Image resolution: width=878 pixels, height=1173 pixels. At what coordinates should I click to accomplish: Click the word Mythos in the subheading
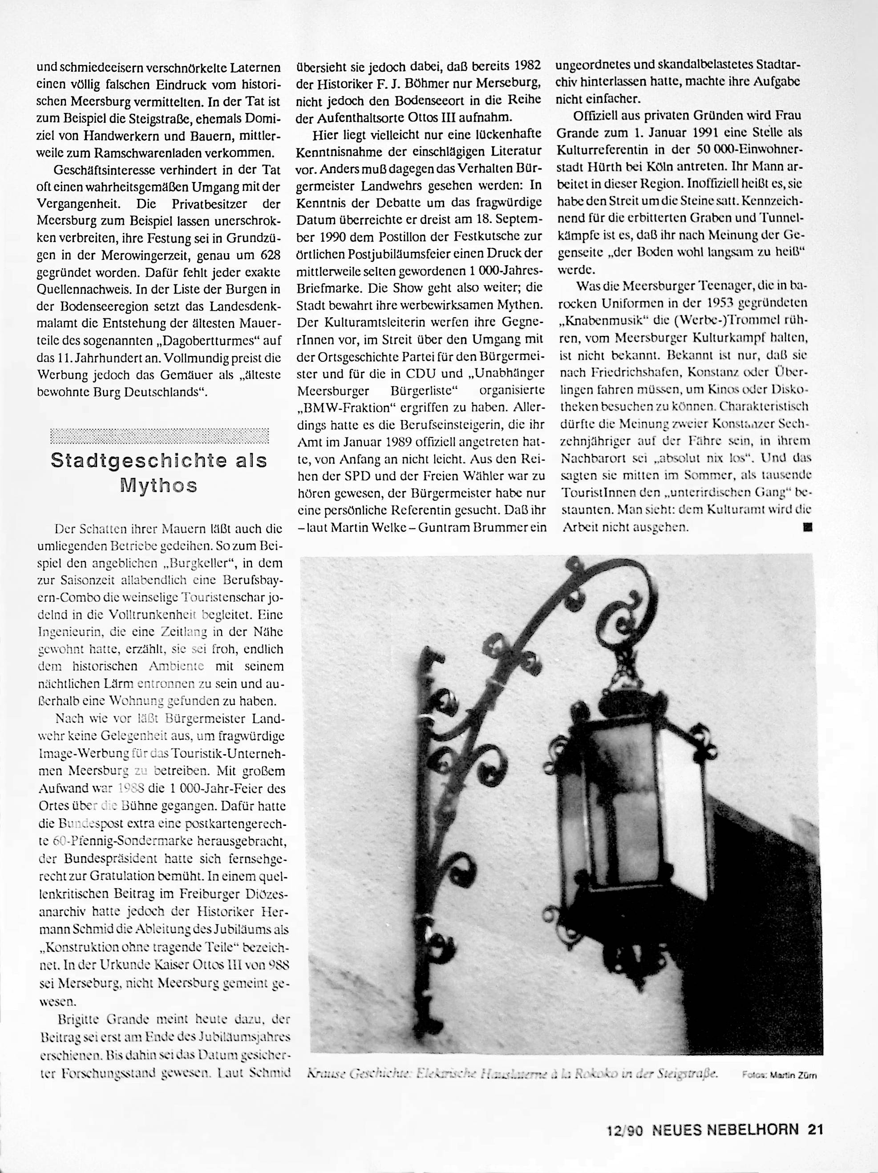pos(158,485)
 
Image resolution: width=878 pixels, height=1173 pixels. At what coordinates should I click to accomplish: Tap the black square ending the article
pos(808,528)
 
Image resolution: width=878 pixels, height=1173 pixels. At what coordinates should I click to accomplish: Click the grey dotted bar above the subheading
pos(158,435)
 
